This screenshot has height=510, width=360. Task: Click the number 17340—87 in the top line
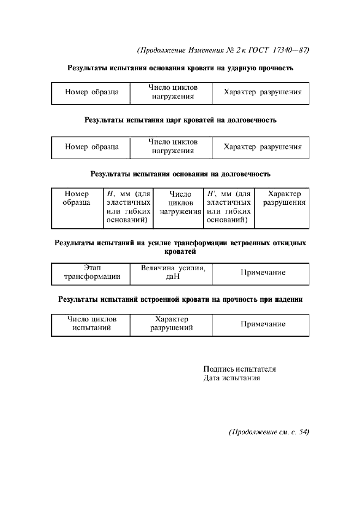click(x=289, y=50)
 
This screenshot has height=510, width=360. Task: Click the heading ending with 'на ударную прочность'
click(x=180, y=69)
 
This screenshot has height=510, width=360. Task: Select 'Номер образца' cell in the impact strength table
click(x=91, y=93)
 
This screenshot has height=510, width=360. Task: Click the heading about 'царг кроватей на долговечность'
click(x=180, y=120)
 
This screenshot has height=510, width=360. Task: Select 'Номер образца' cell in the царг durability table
click(x=91, y=147)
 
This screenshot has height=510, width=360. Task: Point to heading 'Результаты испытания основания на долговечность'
click(x=180, y=174)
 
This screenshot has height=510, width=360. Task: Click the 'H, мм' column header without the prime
click(x=128, y=207)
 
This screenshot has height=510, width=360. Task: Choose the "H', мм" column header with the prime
click(x=229, y=207)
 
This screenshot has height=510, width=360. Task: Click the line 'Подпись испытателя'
click(x=239, y=369)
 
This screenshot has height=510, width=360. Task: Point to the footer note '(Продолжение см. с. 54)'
click(x=269, y=432)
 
